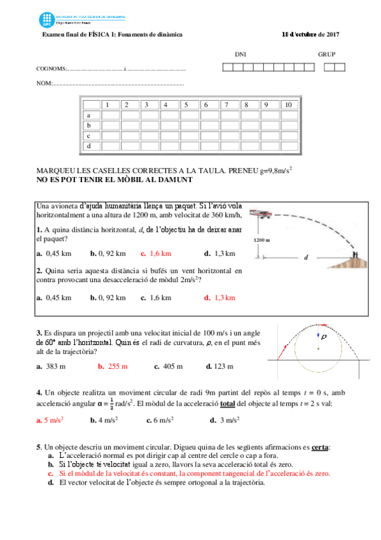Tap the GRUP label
click(x=326, y=55)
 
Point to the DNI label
click(x=240, y=55)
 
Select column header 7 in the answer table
click(x=226, y=104)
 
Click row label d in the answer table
click(x=88, y=146)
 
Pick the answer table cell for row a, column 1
click(x=109, y=115)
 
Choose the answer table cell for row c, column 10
click(x=289, y=136)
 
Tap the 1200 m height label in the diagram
click(x=262, y=241)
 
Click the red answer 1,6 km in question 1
click(x=160, y=253)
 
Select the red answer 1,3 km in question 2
click(x=223, y=297)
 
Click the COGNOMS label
click(x=51, y=69)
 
